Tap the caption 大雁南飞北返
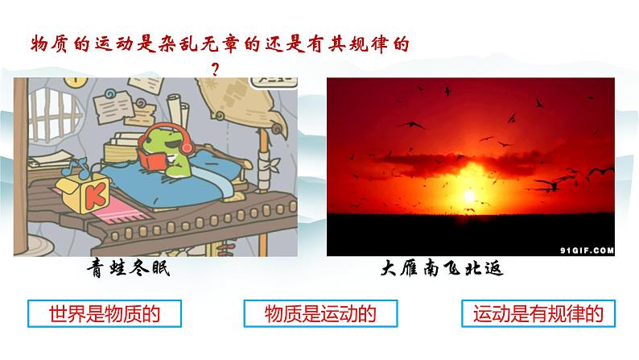(x=441, y=268)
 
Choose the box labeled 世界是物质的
(x=93, y=313)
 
